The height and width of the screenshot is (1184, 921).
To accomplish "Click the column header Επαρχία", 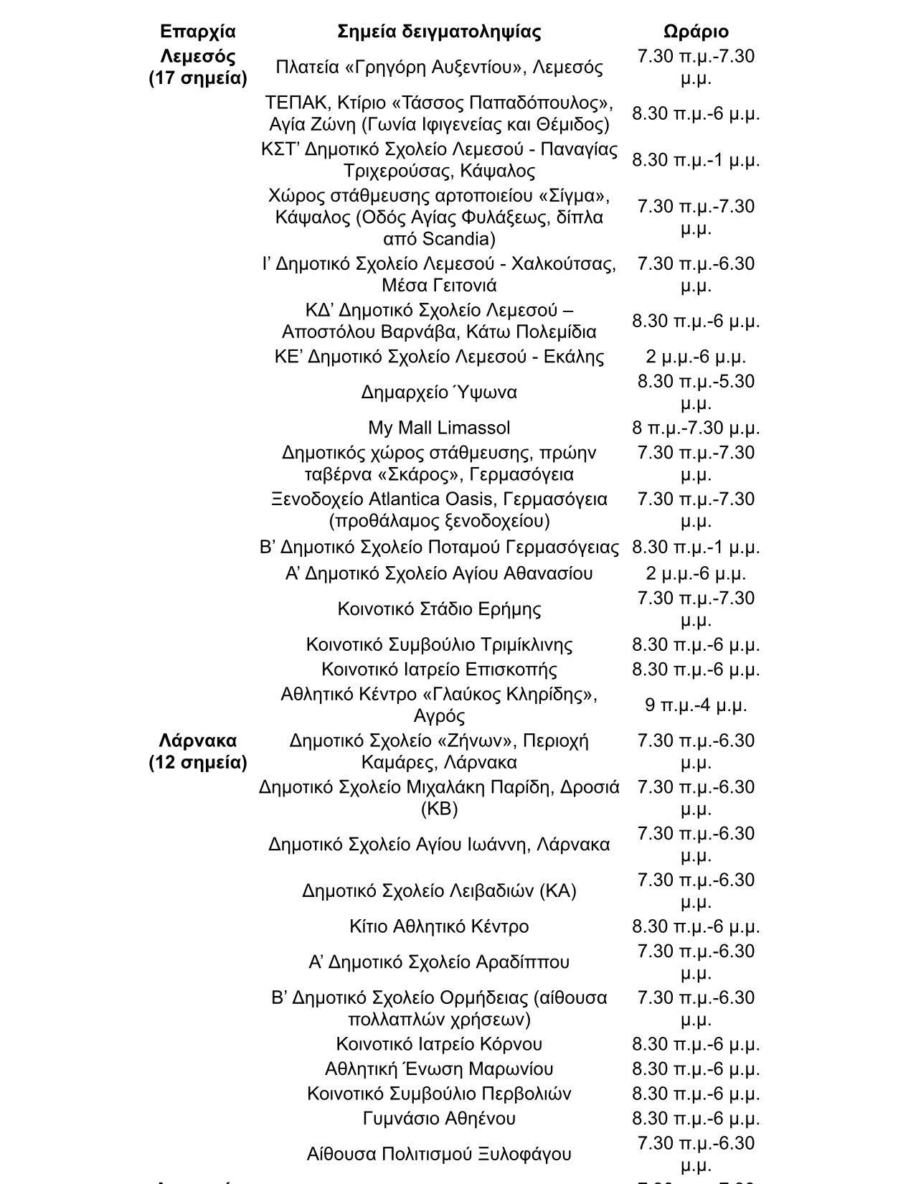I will click(x=197, y=32).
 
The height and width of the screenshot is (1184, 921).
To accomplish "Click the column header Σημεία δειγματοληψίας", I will click(x=439, y=32).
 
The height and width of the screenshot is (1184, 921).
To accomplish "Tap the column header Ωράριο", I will click(x=696, y=32).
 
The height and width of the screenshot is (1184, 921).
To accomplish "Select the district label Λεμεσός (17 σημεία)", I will click(x=197, y=67).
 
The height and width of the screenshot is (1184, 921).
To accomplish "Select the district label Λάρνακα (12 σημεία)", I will click(x=197, y=751).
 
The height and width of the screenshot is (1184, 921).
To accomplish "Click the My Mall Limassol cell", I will click(x=439, y=428).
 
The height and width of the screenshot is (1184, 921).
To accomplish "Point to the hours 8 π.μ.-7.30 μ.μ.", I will click(x=696, y=428).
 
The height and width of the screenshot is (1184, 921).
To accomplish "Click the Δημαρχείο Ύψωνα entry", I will click(x=439, y=393).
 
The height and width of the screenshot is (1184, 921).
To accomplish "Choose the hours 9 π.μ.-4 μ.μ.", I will click(x=696, y=705).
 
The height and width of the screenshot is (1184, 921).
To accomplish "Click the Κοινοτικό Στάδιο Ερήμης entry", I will click(x=439, y=609).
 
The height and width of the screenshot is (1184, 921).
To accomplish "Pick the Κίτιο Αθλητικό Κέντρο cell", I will click(x=439, y=926).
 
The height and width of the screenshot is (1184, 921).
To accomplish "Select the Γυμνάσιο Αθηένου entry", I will click(x=439, y=1118).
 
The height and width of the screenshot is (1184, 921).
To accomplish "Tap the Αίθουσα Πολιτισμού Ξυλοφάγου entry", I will click(x=439, y=1154).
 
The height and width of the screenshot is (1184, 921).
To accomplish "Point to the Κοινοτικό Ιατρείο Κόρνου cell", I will click(x=439, y=1043).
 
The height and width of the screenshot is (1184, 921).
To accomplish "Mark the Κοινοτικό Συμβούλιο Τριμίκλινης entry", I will click(x=439, y=644).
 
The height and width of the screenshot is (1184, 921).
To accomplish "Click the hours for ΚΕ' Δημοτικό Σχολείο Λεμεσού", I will click(x=696, y=357).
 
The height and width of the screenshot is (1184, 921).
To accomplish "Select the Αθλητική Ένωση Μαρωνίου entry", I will click(x=439, y=1068).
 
